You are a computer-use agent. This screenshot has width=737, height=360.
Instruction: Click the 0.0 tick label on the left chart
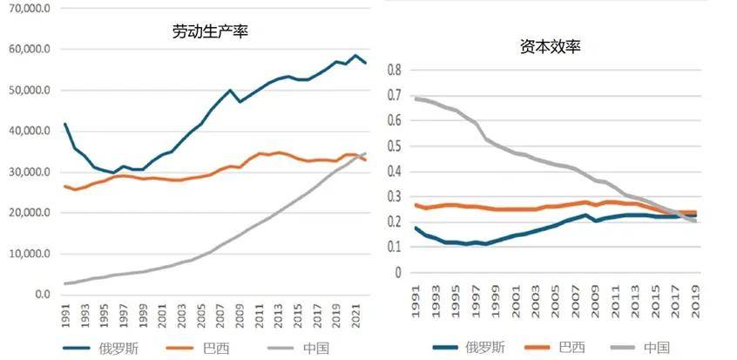pyautogui.click(x=40, y=295)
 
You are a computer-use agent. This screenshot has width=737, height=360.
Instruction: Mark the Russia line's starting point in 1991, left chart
pyautogui.click(x=65, y=124)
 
